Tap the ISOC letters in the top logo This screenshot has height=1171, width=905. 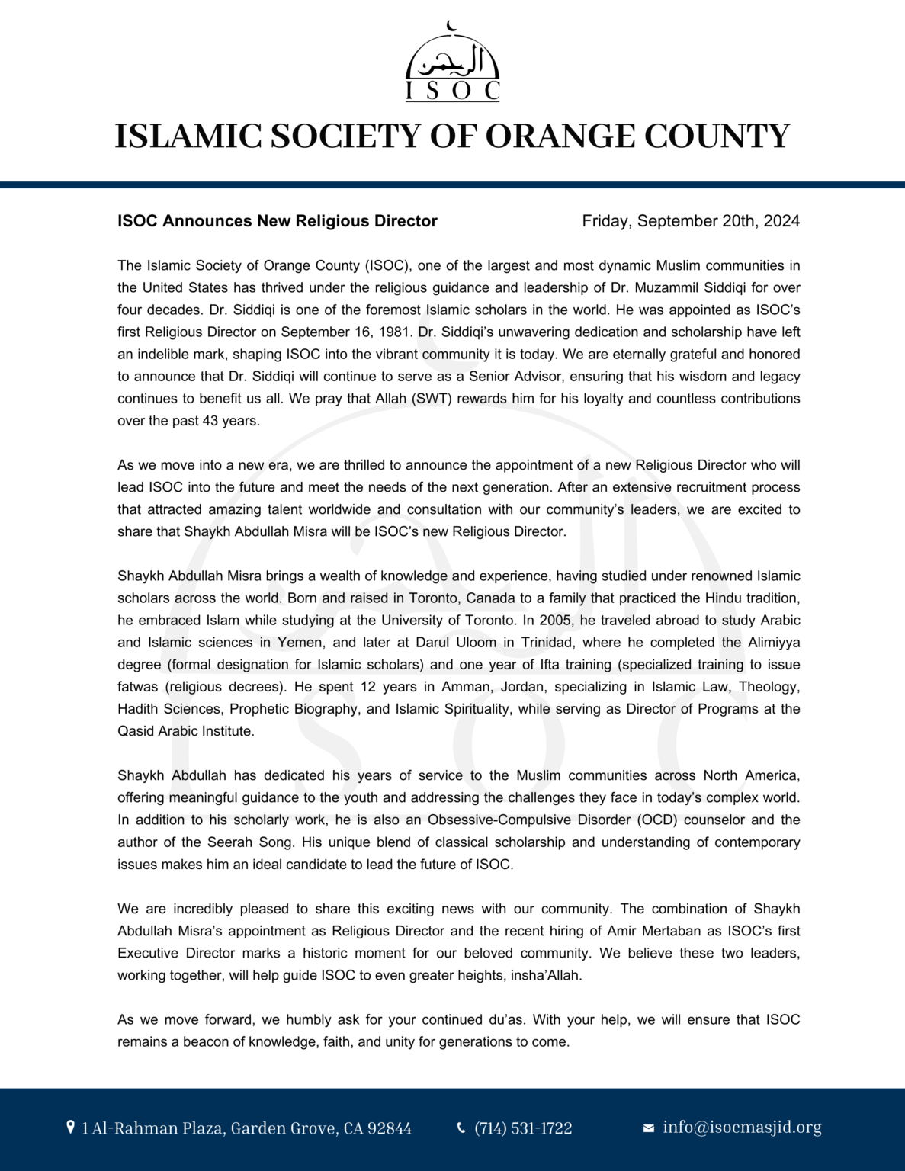pyautogui.click(x=452, y=91)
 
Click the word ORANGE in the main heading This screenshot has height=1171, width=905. pyautogui.click(x=560, y=136)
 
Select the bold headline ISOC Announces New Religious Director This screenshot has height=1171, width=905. pyautogui.click(x=277, y=221)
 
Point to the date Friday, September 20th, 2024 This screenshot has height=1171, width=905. pyautogui.click(x=690, y=221)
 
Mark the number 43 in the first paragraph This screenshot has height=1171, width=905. pyautogui.click(x=210, y=421)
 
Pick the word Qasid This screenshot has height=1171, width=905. pyautogui.click(x=134, y=731)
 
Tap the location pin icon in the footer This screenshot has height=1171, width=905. pyautogui.click(x=71, y=1128)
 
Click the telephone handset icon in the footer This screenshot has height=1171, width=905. pyautogui.click(x=461, y=1128)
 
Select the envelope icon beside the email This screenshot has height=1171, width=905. pyautogui.click(x=649, y=1128)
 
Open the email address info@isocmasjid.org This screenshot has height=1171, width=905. pyautogui.click(x=742, y=1128)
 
